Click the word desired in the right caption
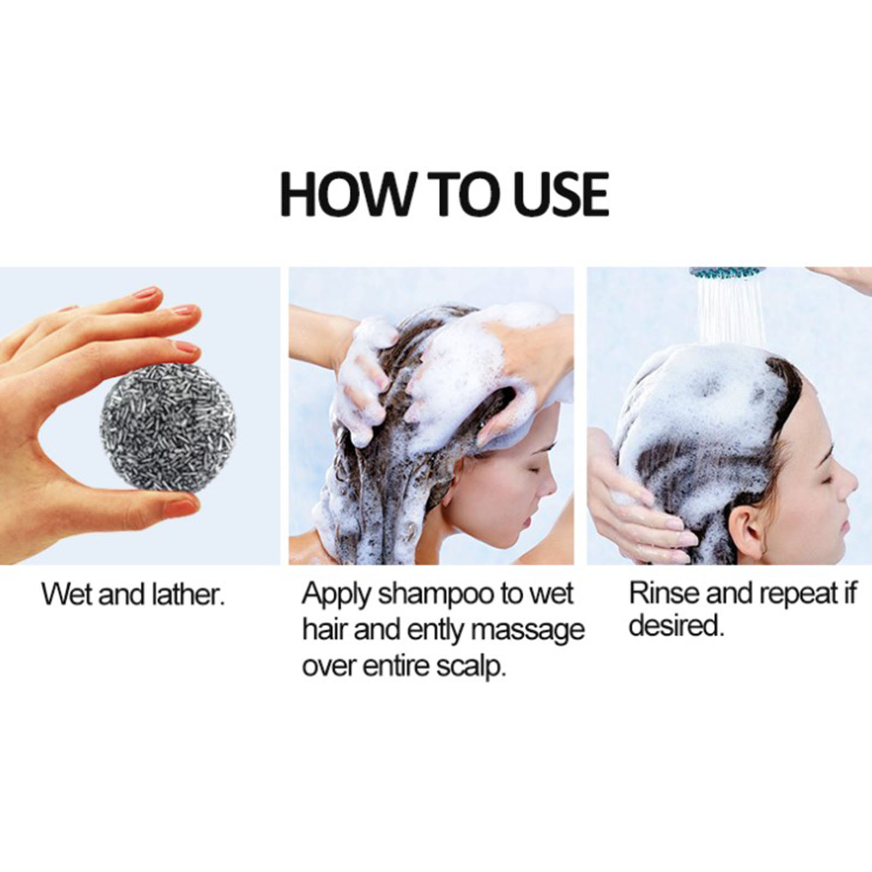[x=676, y=627]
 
